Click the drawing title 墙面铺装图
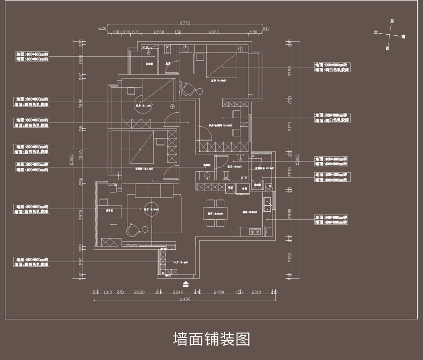pyautogui.click(x=211, y=339)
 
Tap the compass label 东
pyautogui.click(x=392, y=21)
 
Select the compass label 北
pyautogui.click(x=376, y=33)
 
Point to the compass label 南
pyautogui.click(x=403, y=37)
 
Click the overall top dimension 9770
pyautogui.click(x=185, y=23)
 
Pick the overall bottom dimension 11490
pyautogui.click(x=184, y=300)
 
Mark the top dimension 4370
pyautogui.click(x=214, y=32)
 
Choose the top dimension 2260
pyautogui.click(x=159, y=32)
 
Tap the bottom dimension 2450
pyautogui.click(x=218, y=292)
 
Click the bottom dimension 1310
pyautogui.click(x=107, y=292)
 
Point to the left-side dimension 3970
pyautogui.click(x=81, y=215)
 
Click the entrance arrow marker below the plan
pyautogui.click(x=186, y=284)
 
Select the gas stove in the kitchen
pyautogui.click(x=254, y=232)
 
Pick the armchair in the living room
pyautogui.click(x=132, y=229)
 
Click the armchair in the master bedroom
pyautogui.click(x=187, y=88)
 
